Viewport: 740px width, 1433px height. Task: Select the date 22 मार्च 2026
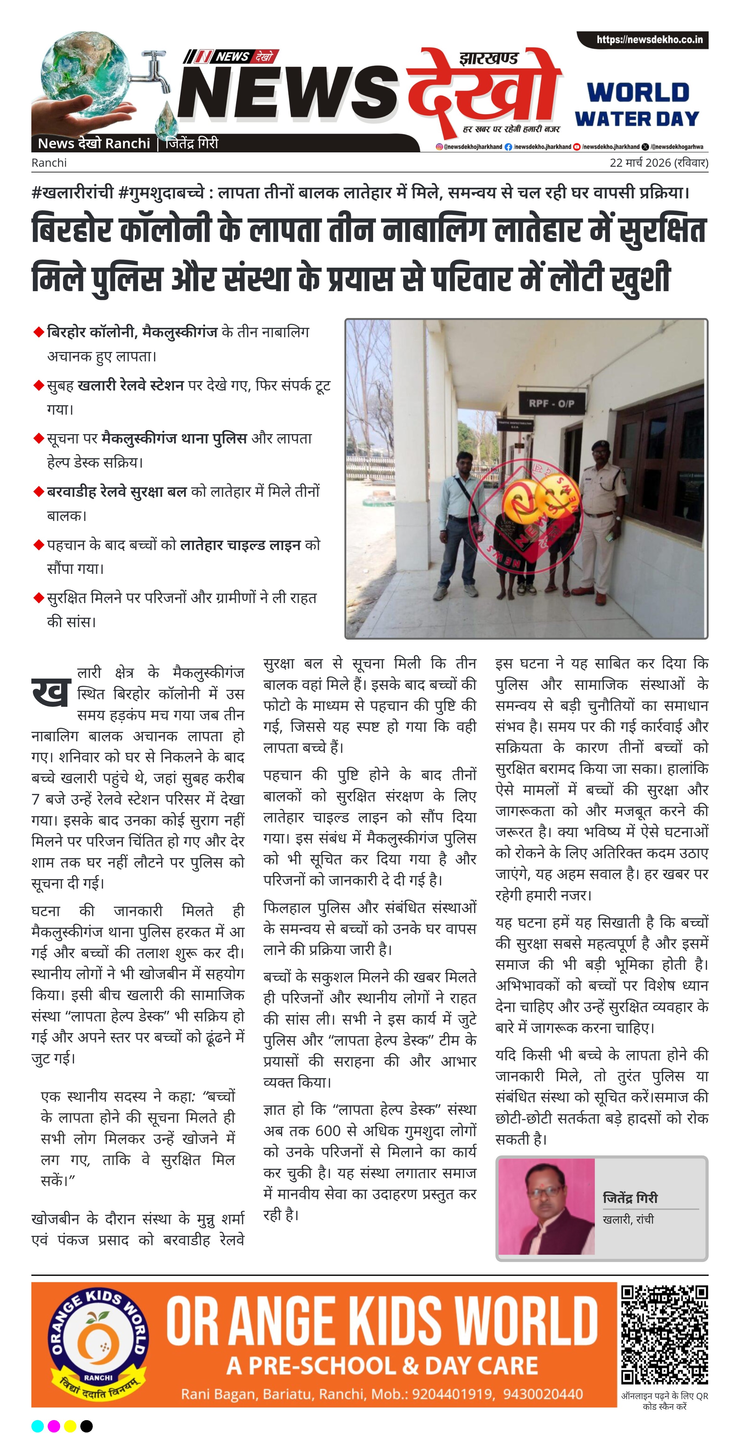click(640, 163)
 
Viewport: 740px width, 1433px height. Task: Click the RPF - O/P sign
click(551, 403)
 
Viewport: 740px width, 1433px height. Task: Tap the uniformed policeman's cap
click(599, 446)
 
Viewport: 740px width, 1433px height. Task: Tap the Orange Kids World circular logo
click(98, 1343)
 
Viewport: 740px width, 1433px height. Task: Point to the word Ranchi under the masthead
click(49, 163)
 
